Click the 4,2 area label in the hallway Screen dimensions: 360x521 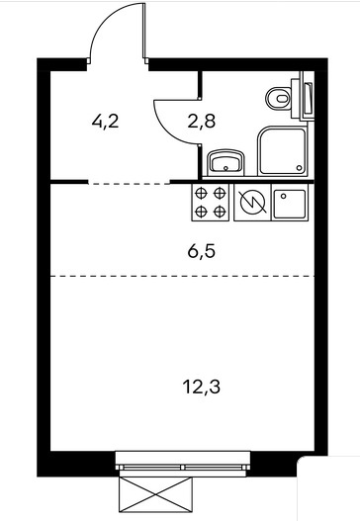point(105,122)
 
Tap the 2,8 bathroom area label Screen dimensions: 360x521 point(202,121)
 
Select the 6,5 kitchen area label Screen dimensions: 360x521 point(202,251)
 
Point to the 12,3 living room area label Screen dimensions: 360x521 point(202,387)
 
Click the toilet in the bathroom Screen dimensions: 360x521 point(279,98)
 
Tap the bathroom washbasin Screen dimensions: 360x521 point(226,162)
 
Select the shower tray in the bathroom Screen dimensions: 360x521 point(283,150)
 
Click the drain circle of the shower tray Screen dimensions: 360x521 point(300,168)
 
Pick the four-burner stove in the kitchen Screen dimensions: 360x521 point(210,203)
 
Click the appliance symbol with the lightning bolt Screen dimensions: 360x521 point(253,203)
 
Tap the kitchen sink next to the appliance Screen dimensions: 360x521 point(290,203)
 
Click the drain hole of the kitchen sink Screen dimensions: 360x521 point(283,196)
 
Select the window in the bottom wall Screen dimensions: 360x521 point(183,464)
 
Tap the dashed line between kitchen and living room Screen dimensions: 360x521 point(182,276)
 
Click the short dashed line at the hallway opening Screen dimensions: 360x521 point(129,183)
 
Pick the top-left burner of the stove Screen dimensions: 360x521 point(201,193)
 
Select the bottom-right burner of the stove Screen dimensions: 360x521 point(220,212)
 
